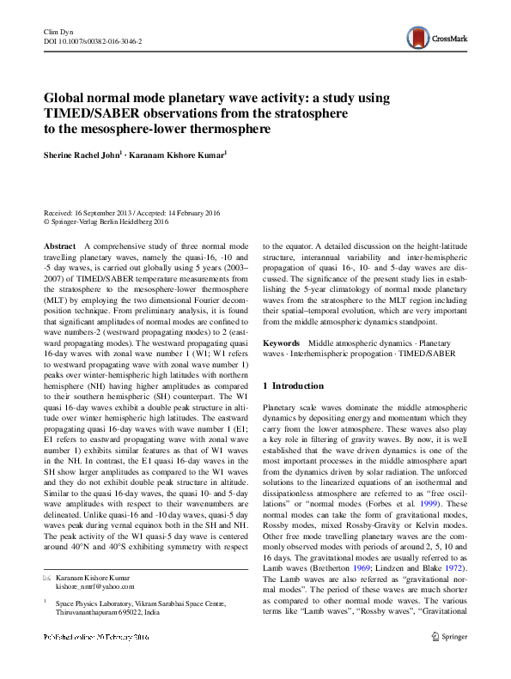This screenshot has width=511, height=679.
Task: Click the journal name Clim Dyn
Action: [57, 31]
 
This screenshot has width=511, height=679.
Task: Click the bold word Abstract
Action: [59, 246]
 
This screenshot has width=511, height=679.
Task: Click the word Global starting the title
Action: [66, 96]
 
